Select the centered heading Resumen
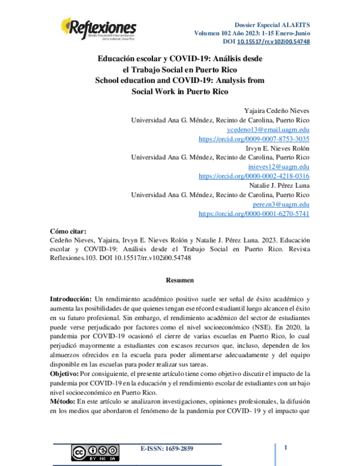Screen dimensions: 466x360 (179, 279)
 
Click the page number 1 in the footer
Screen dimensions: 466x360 (286, 447)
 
